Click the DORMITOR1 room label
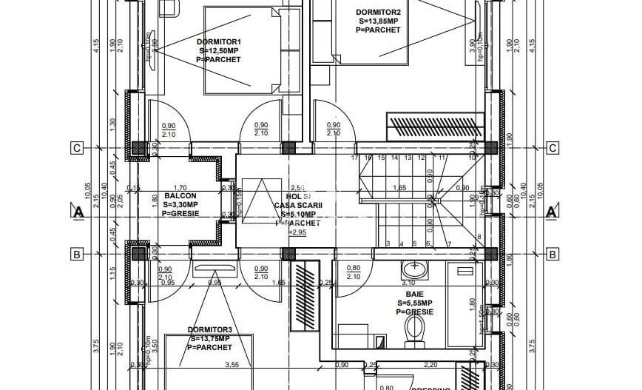(x=218, y=41)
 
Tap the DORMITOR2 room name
(x=377, y=12)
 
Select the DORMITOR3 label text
(x=209, y=330)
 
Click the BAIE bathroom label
(x=414, y=294)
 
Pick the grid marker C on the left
(x=75, y=148)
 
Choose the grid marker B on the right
(x=551, y=255)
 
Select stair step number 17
(x=354, y=158)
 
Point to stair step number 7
(x=449, y=243)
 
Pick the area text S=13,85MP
(x=378, y=21)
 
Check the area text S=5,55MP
(x=414, y=303)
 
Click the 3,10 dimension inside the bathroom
(x=408, y=283)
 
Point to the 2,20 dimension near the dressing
(x=430, y=364)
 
